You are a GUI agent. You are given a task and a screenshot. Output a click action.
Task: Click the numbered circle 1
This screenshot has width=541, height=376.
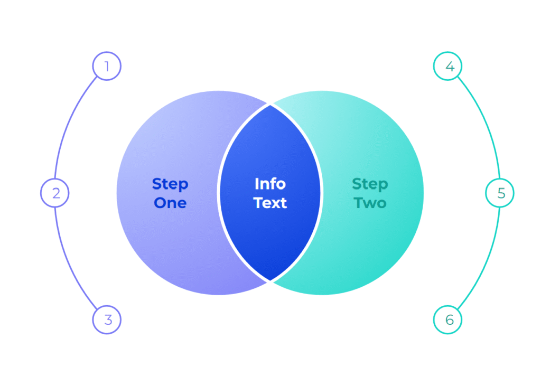tap(107, 67)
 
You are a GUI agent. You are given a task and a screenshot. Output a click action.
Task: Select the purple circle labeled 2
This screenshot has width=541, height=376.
tap(55, 193)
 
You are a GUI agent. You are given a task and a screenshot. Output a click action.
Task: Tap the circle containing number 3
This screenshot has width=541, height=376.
tap(107, 319)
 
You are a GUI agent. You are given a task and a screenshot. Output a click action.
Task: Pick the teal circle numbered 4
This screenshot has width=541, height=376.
tap(447, 67)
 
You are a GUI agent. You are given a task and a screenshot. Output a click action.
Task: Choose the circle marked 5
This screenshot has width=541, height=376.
tap(500, 193)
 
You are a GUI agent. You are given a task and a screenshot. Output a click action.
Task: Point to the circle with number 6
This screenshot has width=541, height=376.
tap(447, 319)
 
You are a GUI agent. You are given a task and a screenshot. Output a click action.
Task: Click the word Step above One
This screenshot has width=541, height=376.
tap(170, 184)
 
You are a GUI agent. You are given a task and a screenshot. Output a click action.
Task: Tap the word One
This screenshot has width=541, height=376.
tap(170, 203)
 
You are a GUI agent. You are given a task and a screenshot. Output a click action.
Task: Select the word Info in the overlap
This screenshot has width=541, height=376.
tap(270, 184)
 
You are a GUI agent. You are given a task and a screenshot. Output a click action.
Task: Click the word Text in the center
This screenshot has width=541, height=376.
tap(270, 203)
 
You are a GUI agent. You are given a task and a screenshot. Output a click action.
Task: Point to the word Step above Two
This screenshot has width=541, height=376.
tap(370, 184)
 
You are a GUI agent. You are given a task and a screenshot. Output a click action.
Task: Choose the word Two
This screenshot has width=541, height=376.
tap(370, 203)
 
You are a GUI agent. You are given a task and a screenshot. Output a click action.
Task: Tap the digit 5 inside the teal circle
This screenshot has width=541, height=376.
tap(500, 193)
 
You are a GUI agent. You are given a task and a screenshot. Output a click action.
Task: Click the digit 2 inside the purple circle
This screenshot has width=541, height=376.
tap(55, 193)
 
